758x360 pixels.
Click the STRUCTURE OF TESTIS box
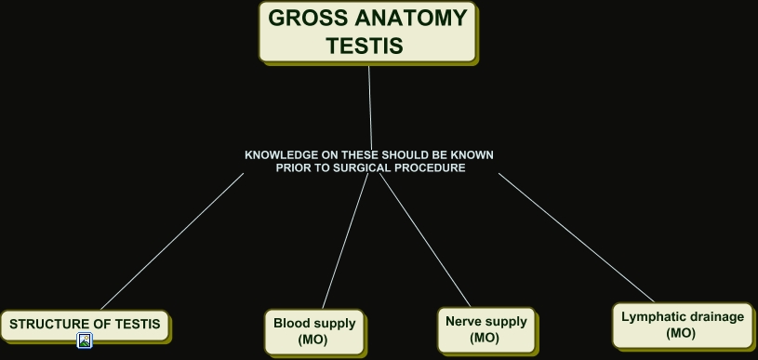click(x=85, y=325)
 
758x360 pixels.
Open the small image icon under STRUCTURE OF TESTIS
click(x=85, y=341)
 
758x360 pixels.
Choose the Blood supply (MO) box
click(x=314, y=331)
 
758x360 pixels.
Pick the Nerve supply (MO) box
click(x=485, y=329)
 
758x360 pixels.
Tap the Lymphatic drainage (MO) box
click(x=683, y=324)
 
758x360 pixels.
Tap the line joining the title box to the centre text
click(x=370, y=102)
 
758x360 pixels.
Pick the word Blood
click(x=292, y=324)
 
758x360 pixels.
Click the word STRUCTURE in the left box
click(x=47, y=325)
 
